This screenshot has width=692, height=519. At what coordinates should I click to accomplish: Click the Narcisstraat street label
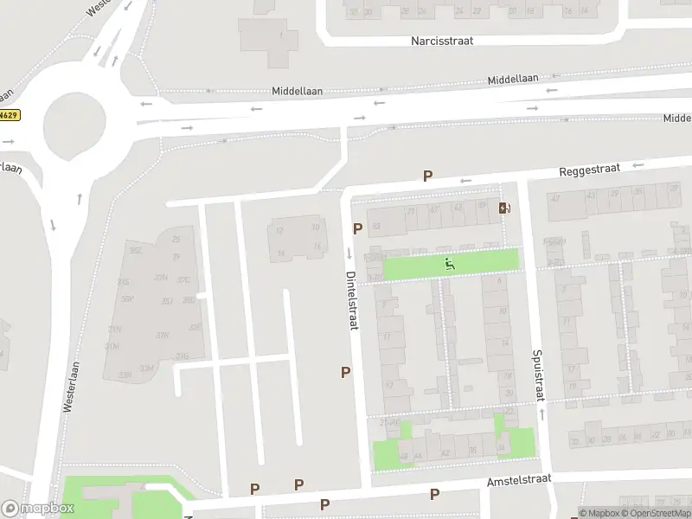(441, 41)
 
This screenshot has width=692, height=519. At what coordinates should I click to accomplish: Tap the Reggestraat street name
(590, 170)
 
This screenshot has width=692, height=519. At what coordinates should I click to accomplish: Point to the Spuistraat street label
(538, 375)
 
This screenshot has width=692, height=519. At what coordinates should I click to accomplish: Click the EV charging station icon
(504, 208)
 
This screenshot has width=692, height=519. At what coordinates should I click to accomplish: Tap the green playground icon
(449, 263)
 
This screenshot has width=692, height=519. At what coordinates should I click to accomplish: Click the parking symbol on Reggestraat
(427, 176)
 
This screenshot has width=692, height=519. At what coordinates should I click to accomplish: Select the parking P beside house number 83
(357, 228)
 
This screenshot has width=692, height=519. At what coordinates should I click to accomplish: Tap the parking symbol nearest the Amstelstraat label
(435, 494)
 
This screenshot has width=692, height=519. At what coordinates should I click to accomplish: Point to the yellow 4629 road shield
(9, 114)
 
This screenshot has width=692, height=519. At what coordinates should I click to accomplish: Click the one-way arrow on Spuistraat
(541, 414)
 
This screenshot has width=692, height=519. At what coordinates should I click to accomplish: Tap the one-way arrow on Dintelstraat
(349, 253)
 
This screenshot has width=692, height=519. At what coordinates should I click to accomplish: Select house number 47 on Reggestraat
(554, 199)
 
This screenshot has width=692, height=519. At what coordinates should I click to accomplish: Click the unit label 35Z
(135, 250)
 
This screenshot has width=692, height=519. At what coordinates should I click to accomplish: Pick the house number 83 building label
(375, 227)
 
